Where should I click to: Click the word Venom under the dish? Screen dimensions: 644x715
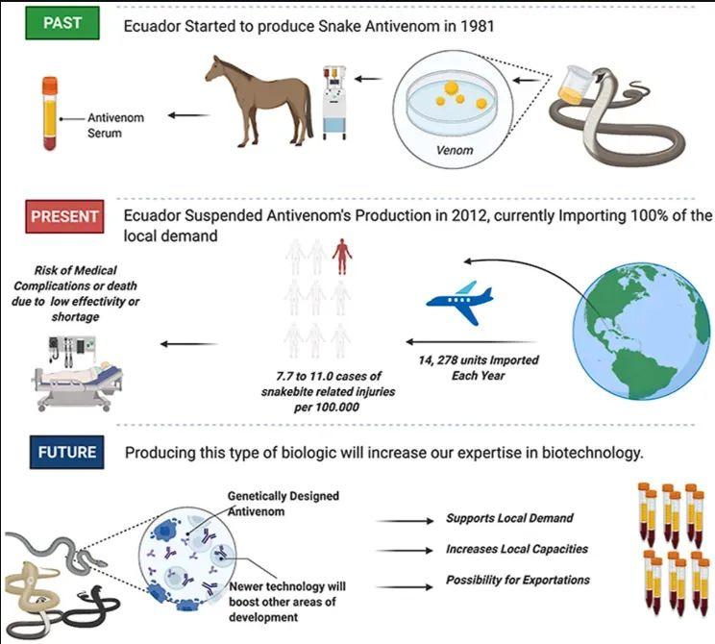coord(456,151)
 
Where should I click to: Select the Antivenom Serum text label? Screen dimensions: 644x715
coord(115,125)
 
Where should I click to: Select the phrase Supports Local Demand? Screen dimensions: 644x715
coord(509,518)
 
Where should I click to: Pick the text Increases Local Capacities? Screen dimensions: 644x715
coord(516,549)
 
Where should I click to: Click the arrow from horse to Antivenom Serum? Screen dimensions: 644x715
coord(189,116)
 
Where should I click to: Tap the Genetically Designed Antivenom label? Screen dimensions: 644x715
coord(283,503)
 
